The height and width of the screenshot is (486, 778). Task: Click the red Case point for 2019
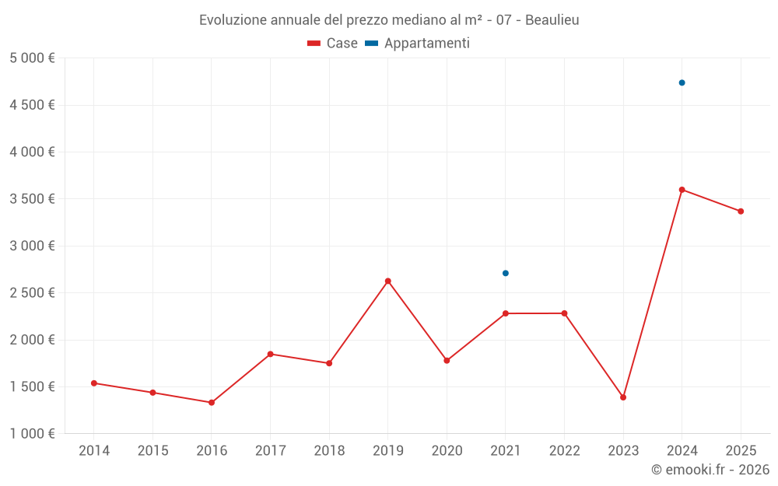tap(387, 281)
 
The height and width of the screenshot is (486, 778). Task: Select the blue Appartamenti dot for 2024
tap(682, 82)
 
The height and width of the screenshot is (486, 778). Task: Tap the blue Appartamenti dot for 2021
tap(505, 273)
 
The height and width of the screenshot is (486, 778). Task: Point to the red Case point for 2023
tap(623, 397)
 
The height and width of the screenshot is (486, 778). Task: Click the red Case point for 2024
tap(682, 190)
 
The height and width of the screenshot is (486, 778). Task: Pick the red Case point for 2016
tap(212, 403)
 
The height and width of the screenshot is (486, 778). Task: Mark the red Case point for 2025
tap(741, 212)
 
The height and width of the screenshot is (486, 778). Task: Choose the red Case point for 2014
tap(93, 383)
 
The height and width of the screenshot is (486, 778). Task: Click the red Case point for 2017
tap(270, 354)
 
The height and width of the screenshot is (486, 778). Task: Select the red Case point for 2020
tap(447, 361)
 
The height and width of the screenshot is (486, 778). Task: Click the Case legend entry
tap(333, 44)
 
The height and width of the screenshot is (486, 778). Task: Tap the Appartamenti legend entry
tap(418, 44)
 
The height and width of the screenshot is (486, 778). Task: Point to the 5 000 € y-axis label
tap(32, 58)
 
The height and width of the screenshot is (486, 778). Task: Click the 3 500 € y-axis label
tap(32, 199)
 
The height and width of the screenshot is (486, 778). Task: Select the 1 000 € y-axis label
tap(32, 434)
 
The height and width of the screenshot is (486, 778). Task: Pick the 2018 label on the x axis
tap(329, 451)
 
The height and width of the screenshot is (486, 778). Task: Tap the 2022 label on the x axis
tap(564, 451)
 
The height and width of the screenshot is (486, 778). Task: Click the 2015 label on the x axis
tap(152, 451)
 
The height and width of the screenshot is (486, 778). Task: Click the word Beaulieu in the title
tap(552, 20)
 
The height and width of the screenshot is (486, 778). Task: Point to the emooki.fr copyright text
tap(710, 470)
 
